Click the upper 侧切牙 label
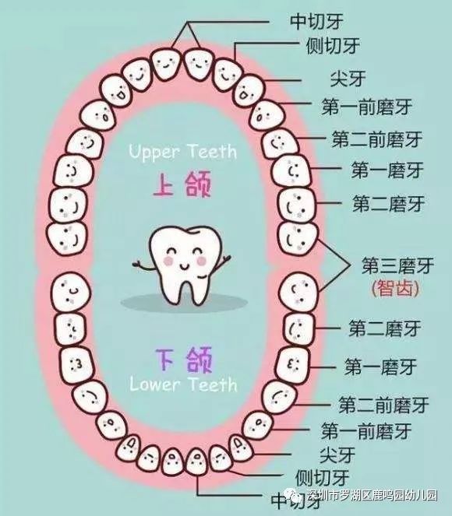(x=333, y=46)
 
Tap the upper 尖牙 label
(x=348, y=79)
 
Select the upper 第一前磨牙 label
(x=367, y=107)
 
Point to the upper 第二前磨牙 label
(x=377, y=139)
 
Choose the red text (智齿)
(x=395, y=288)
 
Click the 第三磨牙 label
(x=398, y=265)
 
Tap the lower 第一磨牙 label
(x=380, y=367)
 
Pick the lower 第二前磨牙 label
(x=383, y=405)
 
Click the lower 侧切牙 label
(x=322, y=478)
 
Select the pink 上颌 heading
(x=182, y=184)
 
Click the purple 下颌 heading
(x=184, y=360)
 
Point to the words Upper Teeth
(x=183, y=152)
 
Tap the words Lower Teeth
(x=183, y=384)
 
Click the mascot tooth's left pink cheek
(x=168, y=261)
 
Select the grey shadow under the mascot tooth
(x=184, y=302)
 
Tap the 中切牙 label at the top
(x=316, y=21)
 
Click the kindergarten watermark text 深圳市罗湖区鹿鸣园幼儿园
(x=372, y=495)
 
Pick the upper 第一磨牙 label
(x=387, y=170)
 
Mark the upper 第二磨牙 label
(x=389, y=203)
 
